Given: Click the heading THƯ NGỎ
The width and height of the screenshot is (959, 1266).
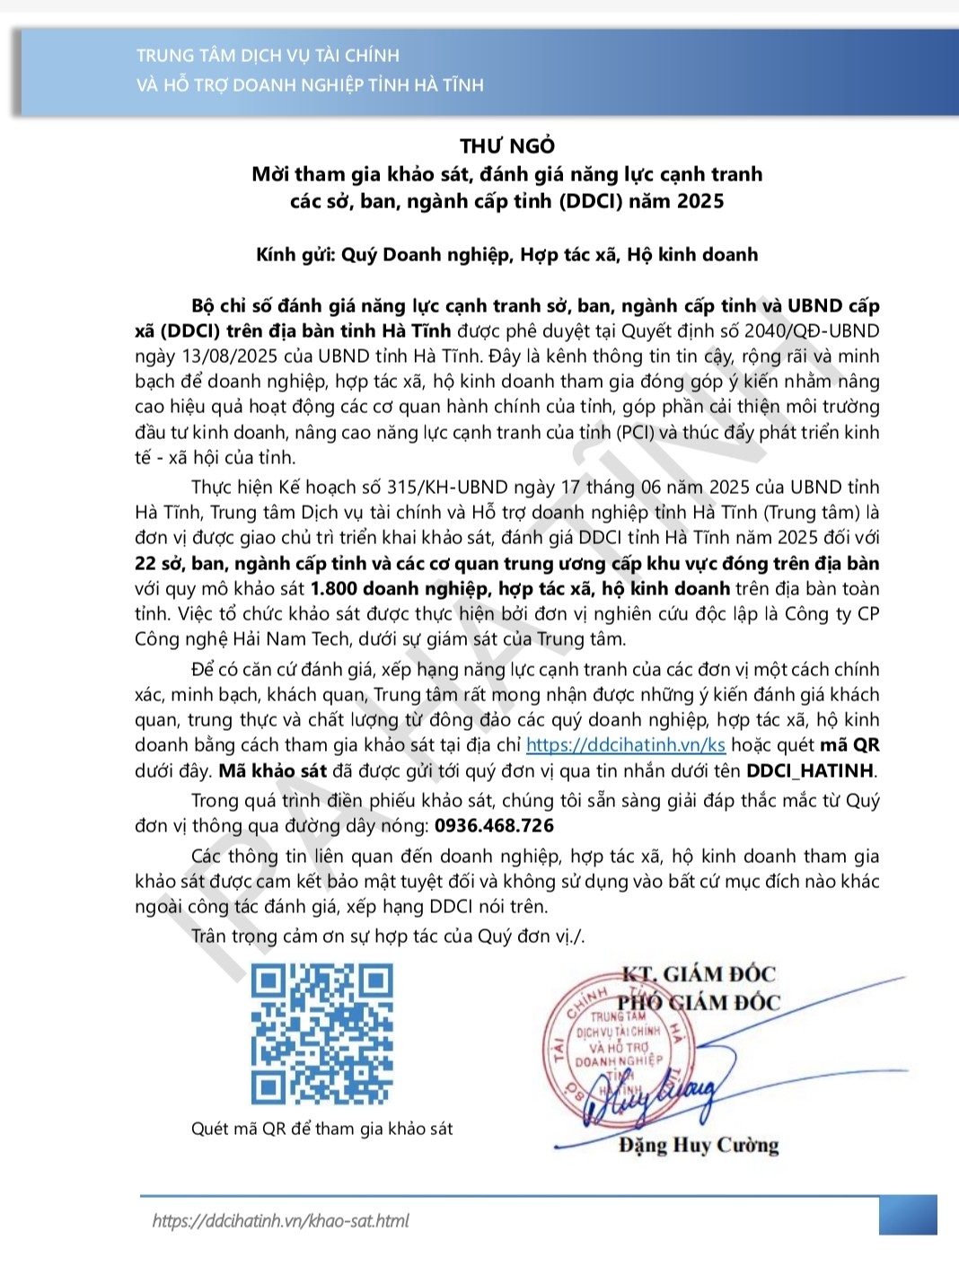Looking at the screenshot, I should [507, 145].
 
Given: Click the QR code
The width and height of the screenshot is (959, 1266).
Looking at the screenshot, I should [322, 1033].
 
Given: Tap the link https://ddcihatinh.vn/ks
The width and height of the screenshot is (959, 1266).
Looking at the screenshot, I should [625, 745].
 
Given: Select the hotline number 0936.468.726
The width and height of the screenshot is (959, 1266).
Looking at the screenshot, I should [494, 826].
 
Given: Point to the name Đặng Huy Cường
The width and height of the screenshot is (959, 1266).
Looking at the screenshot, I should [698, 1145].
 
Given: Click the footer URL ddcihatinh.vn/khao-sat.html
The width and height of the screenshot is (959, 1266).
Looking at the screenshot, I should [280, 1221].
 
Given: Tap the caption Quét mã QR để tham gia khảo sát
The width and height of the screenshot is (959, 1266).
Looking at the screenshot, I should [321, 1129].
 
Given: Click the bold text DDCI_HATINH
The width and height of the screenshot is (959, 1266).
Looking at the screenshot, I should [810, 770].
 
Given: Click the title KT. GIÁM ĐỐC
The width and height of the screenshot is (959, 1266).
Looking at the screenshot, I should [699, 974].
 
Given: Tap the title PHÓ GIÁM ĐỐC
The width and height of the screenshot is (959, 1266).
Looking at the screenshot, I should [699, 1002].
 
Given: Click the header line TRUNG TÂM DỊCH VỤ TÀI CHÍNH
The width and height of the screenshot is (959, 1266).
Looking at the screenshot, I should [268, 56].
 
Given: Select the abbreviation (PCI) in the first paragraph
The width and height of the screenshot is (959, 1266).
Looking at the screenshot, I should [636, 432].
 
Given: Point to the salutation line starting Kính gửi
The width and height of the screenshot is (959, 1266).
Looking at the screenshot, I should [506, 255].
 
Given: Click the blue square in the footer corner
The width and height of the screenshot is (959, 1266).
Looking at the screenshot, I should [908, 1215].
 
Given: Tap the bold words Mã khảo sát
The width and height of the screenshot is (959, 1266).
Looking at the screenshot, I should [273, 770].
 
